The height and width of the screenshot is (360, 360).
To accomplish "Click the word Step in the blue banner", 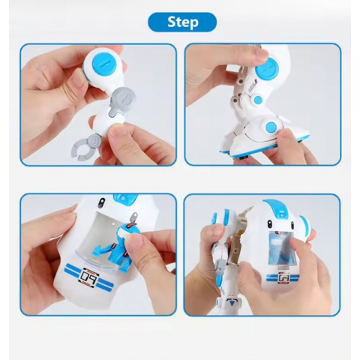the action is point(183,22).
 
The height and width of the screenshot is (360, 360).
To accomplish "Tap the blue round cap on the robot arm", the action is point(104,66).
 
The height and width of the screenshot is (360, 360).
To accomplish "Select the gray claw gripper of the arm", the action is point(85,148).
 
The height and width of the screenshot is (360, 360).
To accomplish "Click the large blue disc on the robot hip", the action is point(267,70).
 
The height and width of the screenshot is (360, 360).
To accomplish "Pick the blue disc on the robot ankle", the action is point(272,126).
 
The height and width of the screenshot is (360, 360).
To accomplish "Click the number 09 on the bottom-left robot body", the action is point(89,275).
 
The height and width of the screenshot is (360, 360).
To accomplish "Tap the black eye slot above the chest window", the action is point(101,202).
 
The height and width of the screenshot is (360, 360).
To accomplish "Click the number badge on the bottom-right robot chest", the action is point(283,277).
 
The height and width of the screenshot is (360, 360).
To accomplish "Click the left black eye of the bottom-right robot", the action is point(270,223).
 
